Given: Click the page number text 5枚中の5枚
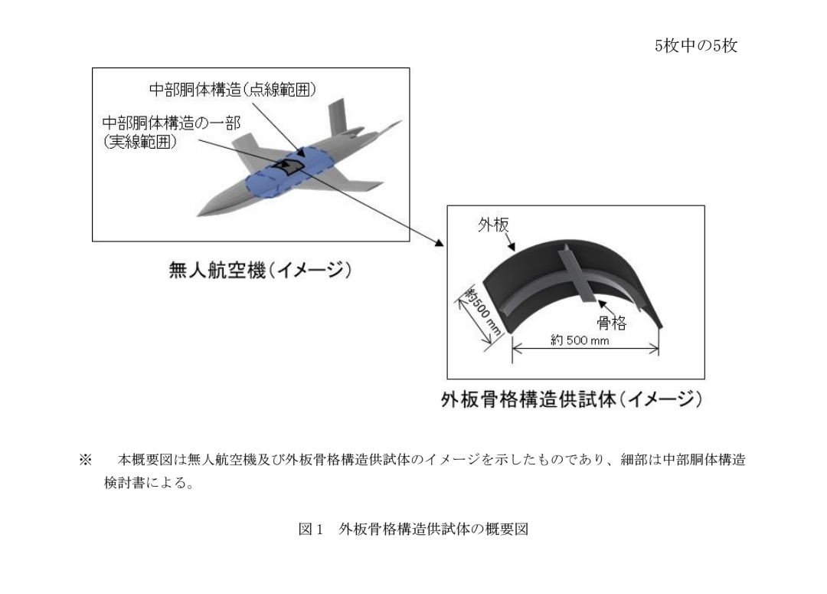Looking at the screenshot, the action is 695,46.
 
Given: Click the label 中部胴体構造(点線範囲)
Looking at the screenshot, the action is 233,89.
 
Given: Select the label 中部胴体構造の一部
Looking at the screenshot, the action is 172,123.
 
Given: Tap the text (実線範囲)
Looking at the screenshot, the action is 139,142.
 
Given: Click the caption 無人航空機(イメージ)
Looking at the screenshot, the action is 260,270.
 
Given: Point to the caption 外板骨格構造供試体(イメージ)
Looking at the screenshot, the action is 572,399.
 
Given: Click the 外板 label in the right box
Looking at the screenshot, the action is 493,225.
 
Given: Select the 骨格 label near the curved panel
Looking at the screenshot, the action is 612,322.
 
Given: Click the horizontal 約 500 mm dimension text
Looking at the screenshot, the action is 580,340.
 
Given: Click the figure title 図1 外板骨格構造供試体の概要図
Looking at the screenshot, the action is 413,529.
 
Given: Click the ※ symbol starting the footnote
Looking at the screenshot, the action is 86,459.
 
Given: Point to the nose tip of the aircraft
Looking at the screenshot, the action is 198,215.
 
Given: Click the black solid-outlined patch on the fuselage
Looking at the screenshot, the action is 288,166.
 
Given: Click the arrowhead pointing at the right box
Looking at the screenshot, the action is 440,243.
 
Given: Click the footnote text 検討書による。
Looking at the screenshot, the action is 149,482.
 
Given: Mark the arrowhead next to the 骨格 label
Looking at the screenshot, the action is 601,304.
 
